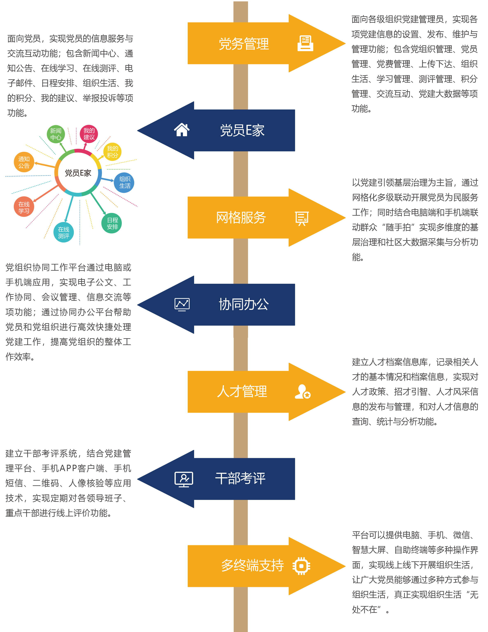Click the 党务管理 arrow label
click(244, 44)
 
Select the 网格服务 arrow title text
click(241, 218)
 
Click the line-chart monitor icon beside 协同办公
click(182, 304)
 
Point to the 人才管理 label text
click(242, 392)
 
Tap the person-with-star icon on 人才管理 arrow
click(303, 392)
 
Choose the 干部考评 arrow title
click(240, 478)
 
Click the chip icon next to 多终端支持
click(301, 565)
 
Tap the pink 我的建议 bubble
click(89, 134)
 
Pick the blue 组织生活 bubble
click(124, 183)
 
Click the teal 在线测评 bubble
click(63, 233)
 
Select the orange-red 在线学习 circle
click(24, 207)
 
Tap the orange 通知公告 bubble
click(24, 162)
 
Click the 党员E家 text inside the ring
click(78, 173)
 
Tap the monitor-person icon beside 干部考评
click(183, 479)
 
